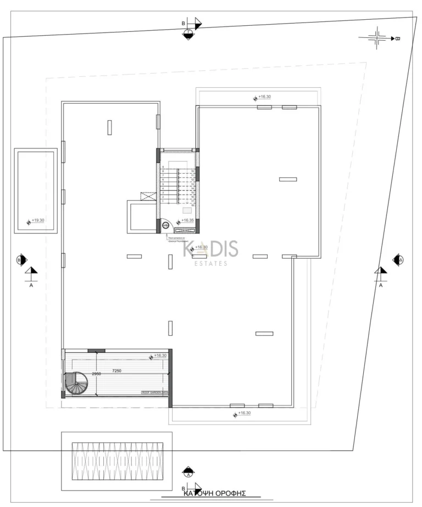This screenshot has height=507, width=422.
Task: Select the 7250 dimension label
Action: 116,371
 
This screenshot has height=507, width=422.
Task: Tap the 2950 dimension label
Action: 96,374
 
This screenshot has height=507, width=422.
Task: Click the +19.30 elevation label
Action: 38,221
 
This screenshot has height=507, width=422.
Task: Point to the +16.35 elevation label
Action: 187,221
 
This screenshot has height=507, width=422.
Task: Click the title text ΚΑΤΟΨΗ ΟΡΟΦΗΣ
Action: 213,493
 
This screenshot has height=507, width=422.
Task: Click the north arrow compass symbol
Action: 378,38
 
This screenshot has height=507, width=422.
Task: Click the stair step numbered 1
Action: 163,202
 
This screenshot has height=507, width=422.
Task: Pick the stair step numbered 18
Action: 193,204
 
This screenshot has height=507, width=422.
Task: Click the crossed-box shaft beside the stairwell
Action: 149,196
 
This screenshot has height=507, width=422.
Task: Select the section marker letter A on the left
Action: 31,286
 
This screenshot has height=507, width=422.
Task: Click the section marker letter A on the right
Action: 380,286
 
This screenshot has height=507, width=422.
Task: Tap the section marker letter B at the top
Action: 184,24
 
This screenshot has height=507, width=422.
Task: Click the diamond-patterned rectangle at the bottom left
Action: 116,461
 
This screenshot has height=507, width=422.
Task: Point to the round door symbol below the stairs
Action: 165,225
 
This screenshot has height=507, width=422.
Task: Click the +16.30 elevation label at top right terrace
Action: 264,97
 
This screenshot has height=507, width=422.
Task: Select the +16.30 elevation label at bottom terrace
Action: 245,413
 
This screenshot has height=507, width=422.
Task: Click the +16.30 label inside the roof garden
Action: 160,356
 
